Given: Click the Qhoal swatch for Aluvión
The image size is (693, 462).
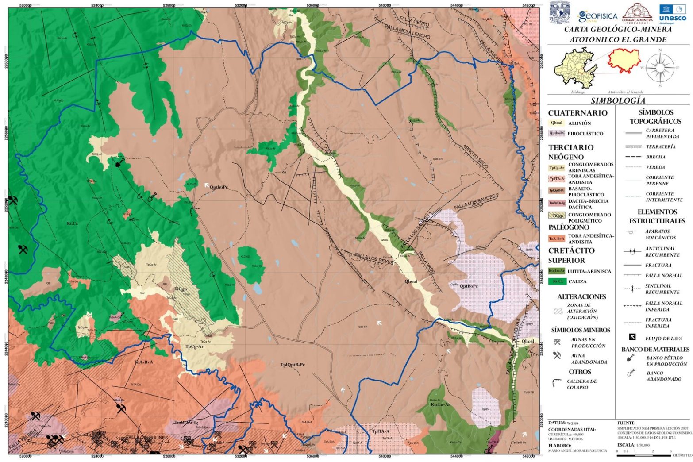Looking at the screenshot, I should click(556, 123).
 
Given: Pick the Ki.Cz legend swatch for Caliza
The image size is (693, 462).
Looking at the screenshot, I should click(556, 281).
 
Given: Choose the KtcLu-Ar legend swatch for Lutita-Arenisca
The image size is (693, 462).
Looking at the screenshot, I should click(556, 271).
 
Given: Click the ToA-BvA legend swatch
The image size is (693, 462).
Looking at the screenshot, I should click(556, 239).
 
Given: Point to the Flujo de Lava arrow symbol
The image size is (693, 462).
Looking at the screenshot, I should click(632, 338).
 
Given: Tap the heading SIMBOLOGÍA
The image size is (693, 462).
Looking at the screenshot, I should click(618, 101).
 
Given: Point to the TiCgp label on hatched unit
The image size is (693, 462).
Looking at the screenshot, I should click(180, 289).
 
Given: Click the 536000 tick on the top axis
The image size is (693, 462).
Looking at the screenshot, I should click(312, 5).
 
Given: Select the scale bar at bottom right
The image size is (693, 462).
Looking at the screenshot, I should click(644, 452).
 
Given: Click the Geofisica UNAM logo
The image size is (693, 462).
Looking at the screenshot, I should click(597, 16).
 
